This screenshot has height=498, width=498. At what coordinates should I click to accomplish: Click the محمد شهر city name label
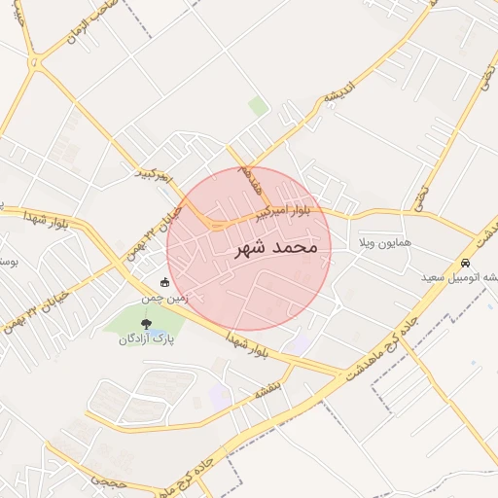point(276,248)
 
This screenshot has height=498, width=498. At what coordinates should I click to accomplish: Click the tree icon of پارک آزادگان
point(146,323)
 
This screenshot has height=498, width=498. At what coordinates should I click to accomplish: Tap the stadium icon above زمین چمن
point(164,283)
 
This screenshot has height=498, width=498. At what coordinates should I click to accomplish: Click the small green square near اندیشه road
point(257,105)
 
